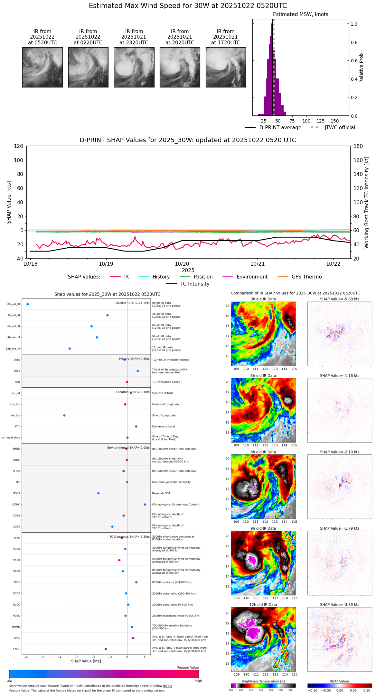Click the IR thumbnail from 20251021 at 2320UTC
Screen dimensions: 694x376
coord(134,67)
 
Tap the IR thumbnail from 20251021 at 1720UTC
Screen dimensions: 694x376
coord(226,67)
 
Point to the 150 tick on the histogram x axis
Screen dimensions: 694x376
coord(335,121)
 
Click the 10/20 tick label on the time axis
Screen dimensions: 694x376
coord(182,264)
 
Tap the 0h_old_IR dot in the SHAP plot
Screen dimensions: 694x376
coord(28,304)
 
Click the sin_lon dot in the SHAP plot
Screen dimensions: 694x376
coord(64,415)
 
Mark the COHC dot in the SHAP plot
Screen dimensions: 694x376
coord(145,504)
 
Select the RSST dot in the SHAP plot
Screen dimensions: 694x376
coord(99,493)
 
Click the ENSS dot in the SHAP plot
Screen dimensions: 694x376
coord(106,649)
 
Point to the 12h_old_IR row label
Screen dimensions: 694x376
coord(13,349)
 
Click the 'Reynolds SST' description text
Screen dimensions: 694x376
coord(161,493)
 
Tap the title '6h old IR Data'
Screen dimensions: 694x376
coord(263,452)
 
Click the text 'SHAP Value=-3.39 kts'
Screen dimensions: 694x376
coord(340,605)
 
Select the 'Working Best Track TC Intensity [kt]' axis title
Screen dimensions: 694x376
coord(367,203)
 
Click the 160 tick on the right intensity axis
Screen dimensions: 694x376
coord(358,160)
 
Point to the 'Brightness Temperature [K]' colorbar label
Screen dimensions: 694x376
coord(263,681)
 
